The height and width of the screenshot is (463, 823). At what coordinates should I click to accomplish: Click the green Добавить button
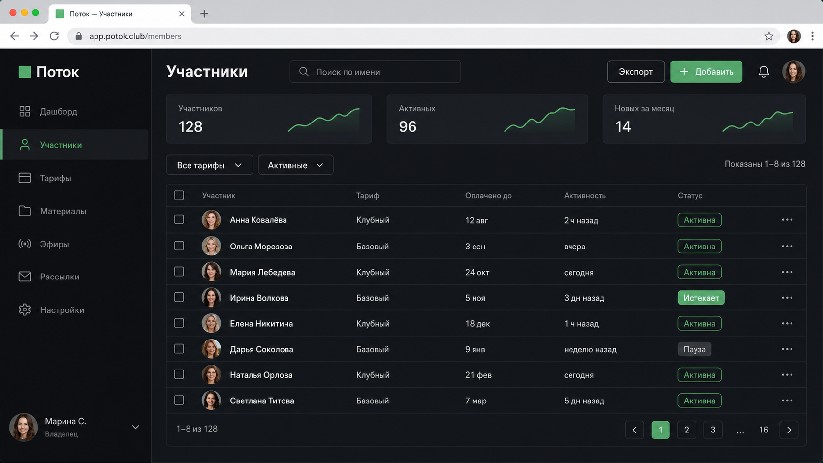tap(706, 72)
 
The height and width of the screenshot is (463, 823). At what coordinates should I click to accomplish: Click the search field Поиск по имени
tap(375, 72)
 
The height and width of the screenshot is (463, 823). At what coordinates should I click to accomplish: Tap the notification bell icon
tap(764, 72)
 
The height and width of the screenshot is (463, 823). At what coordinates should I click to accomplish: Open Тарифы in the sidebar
tap(56, 178)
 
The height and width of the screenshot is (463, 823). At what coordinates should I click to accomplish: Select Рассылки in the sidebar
tap(60, 277)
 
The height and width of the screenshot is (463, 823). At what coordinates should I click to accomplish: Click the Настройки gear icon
tap(25, 309)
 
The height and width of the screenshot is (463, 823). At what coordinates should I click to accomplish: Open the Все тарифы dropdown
tap(209, 165)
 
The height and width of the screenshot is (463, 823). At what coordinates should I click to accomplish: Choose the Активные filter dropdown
tap(295, 165)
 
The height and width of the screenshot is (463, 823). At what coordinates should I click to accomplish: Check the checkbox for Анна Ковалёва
tap(179, 219)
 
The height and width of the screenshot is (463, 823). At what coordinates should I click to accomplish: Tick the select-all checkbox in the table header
tap(179, 195)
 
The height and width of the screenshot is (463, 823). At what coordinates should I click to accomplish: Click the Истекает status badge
tap(701, 298)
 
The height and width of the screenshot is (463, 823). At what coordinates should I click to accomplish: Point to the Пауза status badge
tap(695, 349)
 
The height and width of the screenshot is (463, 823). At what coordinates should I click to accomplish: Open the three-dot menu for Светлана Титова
tap(787, 401)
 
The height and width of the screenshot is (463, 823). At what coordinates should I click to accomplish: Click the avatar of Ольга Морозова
tap(211, 246)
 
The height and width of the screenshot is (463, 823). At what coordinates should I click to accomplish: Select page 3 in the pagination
tap(713, 430)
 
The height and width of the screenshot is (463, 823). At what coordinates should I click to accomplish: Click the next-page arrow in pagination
tap(789, 430)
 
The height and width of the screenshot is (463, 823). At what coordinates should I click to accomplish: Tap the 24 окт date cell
tap(477, 272)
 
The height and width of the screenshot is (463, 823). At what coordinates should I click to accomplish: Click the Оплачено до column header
tap(488, 196)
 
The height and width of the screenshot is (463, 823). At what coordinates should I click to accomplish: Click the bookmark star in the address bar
tap(769, 36)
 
